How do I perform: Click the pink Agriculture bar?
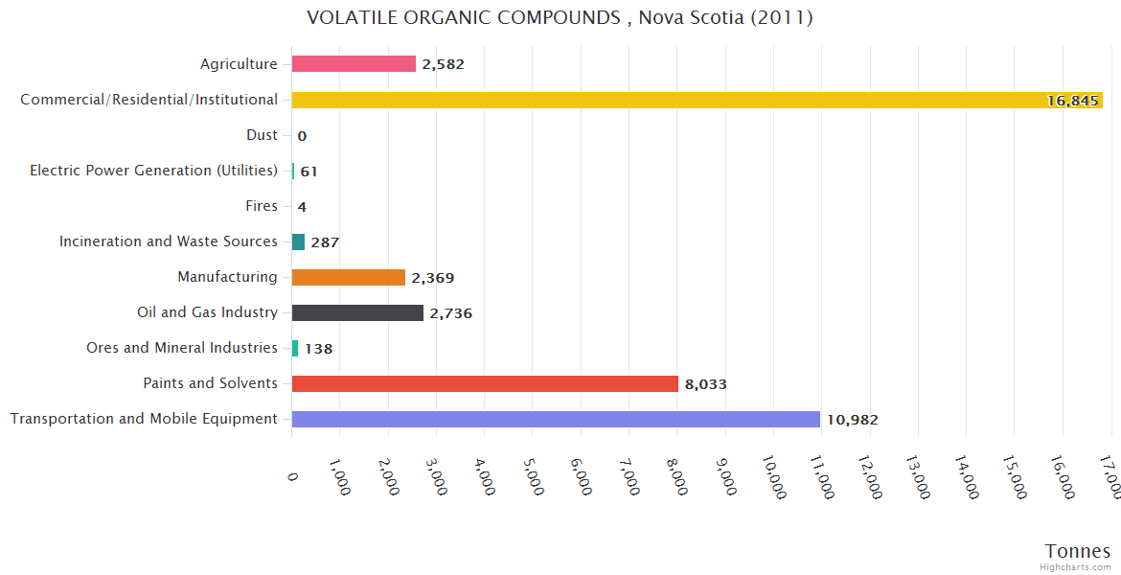pyautogui.click(x=354, y=64)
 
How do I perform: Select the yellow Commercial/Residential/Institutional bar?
pyautogui.click(x=697, y=100)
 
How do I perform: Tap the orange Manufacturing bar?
pyautogui.click(x=348, y=278)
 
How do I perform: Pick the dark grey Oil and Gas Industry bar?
pyautogui.click(x=357, y=313)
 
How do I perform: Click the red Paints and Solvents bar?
pyautogui.click(x=485, y=384)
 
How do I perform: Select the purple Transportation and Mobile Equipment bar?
pyautogui.click(x=556, y=419)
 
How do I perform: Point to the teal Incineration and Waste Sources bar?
pyautogui.click(x=298, y=242)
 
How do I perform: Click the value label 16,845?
pyautogui.click(x=1072, y=101)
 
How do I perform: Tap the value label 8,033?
pyautogui.click(x=705, y=384)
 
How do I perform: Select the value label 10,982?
pyautogui.click(x=852, y=420)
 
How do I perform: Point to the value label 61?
pyautogui.click(x=309, y=172)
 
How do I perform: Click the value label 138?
pyautogui.click(x=318, y=349)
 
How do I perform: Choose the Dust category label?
pyautogui.click(x=262, y=135)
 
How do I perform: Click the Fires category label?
pyautogui.click(x=262, y=206)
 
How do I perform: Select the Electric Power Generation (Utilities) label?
pyautogui.click(x=153, y=171)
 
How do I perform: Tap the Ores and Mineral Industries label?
pyautogui.click(x=181, y=348)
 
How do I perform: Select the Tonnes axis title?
pyautogui.click(x=1077, y=551)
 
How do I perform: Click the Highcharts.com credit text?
pyautogui.click(x=1075, y=567)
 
